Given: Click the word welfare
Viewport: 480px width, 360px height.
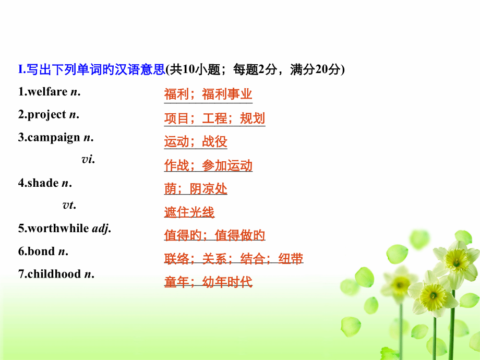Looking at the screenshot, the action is pyautogui.click(x=47, y=91).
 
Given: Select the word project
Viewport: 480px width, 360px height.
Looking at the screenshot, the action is pyautogui.click(x=46, y=115).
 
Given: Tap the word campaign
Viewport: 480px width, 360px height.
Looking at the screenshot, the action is pyautogui.click(x=54, y=138).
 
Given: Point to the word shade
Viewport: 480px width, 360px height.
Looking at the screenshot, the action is pyautogui.click(x=43, y=183).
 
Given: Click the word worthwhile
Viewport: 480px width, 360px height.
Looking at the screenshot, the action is pyautogui.click(x=58, y=229).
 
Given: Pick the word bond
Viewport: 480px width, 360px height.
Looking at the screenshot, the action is pyautogui.click(x=41, y=251).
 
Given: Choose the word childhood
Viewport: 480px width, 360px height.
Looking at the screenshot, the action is pyautogui.click(x=54, y=274).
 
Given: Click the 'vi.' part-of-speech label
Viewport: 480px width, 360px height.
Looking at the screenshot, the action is pyautogui.click(x=88, y=160).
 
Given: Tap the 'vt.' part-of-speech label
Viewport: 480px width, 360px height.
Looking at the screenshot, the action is pyautogui.click(x=69, y=205).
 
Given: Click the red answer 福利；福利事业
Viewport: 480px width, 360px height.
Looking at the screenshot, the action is pyautogui.click(x=208, y=94).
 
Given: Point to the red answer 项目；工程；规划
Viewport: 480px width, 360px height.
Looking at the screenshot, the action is pyautogui.click(x=214, y=118).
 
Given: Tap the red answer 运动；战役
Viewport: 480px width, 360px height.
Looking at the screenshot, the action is pyautogui.click(x=196, y=141).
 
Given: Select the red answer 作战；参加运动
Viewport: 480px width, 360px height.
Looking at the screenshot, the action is pyautogui.click(x=208, y=165).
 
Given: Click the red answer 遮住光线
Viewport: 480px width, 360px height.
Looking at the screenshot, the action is pyautogui.click(x=189, y=212).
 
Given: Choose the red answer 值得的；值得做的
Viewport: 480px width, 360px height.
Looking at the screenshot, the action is pyautogui.click(x=214, y=235).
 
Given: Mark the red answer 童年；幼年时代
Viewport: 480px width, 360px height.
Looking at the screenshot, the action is pyautogui.click(x=208, y=282).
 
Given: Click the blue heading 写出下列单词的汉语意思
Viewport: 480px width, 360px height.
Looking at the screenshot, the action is pyautogui.click(x=96, y=69).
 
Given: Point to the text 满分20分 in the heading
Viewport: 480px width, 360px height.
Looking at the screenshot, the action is pyautogui.click(x=315, y=69).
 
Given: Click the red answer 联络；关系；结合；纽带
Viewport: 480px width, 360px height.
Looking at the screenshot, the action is pyautogui.click(x=234, y=259).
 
